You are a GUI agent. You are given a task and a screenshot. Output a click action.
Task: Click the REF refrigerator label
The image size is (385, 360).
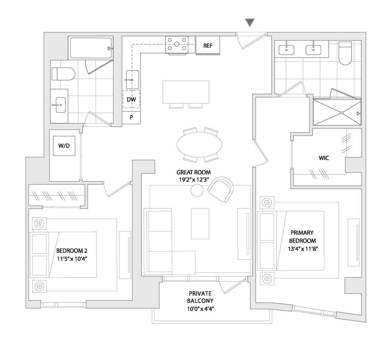point(208,46)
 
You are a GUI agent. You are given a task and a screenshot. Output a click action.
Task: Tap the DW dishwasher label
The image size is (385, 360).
point(131,100)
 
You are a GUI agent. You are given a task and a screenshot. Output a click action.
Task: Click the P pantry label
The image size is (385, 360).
point(131,117)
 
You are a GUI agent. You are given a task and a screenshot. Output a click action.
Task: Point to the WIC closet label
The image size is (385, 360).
point(324,158)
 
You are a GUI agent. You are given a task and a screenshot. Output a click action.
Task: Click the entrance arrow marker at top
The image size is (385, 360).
point(250,23)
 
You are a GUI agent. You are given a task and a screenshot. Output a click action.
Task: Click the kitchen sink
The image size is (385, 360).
point(132,79)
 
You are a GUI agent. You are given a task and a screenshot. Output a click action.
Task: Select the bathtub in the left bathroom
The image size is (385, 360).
point(91,48)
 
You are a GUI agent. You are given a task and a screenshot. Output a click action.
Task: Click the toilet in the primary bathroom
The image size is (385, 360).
point(345,53)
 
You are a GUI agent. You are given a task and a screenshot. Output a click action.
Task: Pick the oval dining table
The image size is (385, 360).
point(199,144)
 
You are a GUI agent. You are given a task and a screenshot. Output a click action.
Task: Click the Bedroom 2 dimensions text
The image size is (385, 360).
point(72,258)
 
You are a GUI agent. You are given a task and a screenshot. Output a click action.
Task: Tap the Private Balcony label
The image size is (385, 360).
point(200,297)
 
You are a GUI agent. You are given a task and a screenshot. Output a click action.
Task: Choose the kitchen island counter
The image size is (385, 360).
point(186,92)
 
